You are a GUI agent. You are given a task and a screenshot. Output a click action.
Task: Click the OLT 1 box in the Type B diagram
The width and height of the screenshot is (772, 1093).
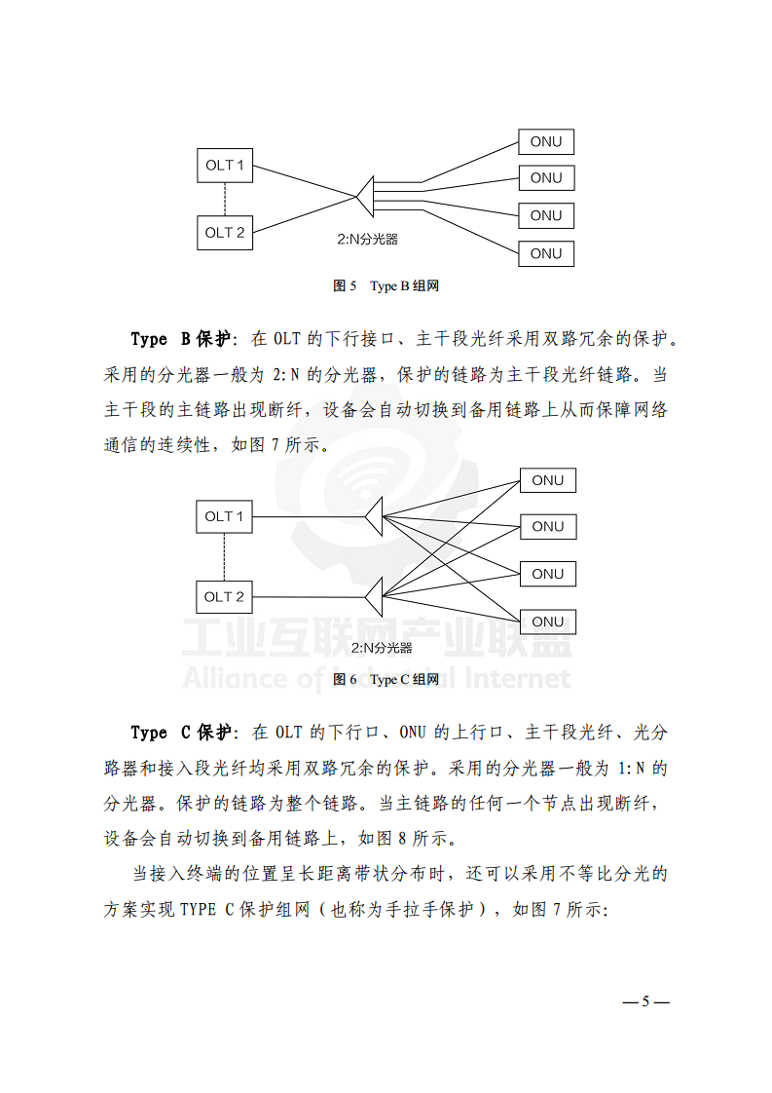225,165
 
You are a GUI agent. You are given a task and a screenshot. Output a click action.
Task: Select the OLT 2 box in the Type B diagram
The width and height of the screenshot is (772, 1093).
225,233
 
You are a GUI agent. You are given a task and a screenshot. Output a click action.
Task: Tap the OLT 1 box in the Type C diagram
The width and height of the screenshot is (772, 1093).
224,516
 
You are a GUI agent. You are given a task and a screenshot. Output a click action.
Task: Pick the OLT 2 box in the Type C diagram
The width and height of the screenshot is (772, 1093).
224,596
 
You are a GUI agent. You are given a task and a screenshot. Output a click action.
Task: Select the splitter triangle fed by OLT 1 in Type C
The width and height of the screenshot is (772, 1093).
373,516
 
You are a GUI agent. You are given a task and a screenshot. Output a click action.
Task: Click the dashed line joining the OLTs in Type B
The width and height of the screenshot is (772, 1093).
225,199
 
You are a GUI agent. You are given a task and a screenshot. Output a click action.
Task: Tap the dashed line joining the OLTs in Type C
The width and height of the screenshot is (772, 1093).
224,556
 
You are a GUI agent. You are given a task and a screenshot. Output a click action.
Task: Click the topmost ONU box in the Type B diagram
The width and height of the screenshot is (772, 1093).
546,141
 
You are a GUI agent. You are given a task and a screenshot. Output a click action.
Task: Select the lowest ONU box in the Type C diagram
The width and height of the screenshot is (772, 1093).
547,622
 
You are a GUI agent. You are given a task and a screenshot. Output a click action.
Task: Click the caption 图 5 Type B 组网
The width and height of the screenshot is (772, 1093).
386,285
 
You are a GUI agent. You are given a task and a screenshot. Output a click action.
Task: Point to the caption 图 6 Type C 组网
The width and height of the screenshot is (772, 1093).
386,679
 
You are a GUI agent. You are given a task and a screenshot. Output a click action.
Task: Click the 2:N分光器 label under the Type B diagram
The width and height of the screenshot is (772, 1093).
368,240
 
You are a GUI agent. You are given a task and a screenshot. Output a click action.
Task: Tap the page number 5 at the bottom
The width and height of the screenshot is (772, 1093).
644,1002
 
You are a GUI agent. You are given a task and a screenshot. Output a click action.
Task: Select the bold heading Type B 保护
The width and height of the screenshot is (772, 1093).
181,339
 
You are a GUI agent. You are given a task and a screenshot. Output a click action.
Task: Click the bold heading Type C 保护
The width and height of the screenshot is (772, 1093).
181,732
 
